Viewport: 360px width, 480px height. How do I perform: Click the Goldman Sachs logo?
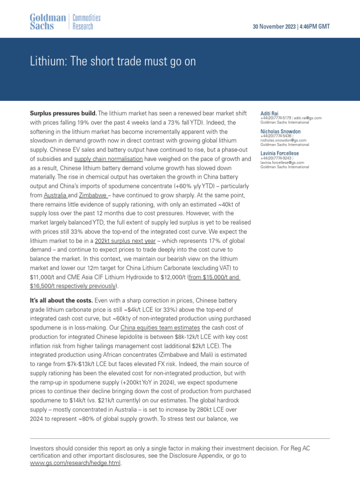(x=48, y=22)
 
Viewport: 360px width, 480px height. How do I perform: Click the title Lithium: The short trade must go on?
(x=112, y=62)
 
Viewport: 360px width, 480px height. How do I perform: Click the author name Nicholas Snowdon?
(x=280, y=132)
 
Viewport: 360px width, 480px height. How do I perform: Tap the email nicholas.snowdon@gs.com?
(x=283, y=140)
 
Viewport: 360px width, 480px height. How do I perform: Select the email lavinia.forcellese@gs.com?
(x=282, y=163)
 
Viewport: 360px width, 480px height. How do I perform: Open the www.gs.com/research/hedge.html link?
(x=75, y=463)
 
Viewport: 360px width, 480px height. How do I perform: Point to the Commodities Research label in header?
(x=86, y=22)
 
